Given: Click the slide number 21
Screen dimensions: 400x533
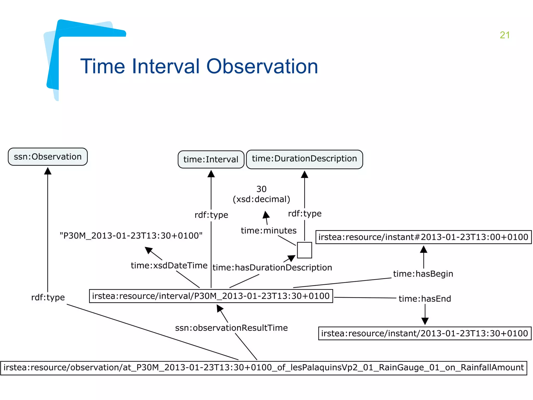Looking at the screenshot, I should [504, 35].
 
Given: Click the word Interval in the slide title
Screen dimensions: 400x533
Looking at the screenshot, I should [166, 66].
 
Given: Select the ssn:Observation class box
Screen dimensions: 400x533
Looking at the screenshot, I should [48, 157].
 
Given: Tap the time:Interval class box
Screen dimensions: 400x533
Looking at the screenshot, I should [211, 159].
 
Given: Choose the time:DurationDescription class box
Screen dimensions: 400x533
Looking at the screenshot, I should [304, 159].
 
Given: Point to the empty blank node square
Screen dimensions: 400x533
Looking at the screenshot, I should [304, 250].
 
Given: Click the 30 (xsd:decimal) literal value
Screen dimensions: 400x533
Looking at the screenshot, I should [261, 194].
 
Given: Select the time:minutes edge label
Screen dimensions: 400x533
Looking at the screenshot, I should [269, 231].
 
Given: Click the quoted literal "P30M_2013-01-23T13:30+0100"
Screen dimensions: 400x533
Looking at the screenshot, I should [131, 236].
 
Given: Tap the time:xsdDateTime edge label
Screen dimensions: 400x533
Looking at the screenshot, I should [169, 266].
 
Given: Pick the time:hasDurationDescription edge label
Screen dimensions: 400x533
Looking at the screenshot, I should [272, 268].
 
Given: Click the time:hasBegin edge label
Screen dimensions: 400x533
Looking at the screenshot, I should [423, 274].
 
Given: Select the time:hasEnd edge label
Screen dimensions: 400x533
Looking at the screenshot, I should [425, 299].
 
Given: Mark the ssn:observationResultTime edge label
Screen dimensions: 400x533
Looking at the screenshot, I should [231, 328].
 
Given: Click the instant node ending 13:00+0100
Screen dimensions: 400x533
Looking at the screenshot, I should [423, 237].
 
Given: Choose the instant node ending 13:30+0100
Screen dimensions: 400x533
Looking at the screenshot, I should [424, 334].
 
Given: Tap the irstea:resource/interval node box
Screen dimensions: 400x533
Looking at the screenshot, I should [211, 296].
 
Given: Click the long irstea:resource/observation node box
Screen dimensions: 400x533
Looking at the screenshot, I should [263, 368].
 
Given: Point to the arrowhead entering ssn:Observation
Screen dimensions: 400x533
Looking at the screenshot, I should [48, 171].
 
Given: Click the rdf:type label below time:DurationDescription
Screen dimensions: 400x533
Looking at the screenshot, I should [305, 214].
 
